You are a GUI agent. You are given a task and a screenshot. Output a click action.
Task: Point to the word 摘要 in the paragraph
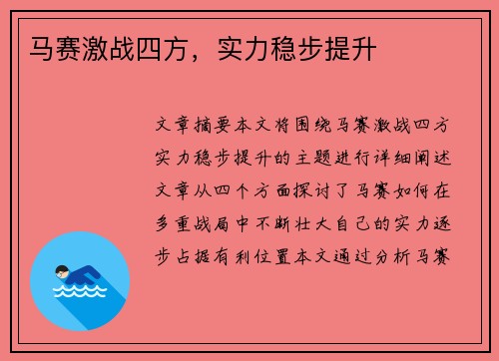tap(216, 127)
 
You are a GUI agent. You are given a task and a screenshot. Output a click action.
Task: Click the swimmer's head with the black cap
tap(63, 270)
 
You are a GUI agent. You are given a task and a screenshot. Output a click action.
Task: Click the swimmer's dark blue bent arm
tap(80, 273)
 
